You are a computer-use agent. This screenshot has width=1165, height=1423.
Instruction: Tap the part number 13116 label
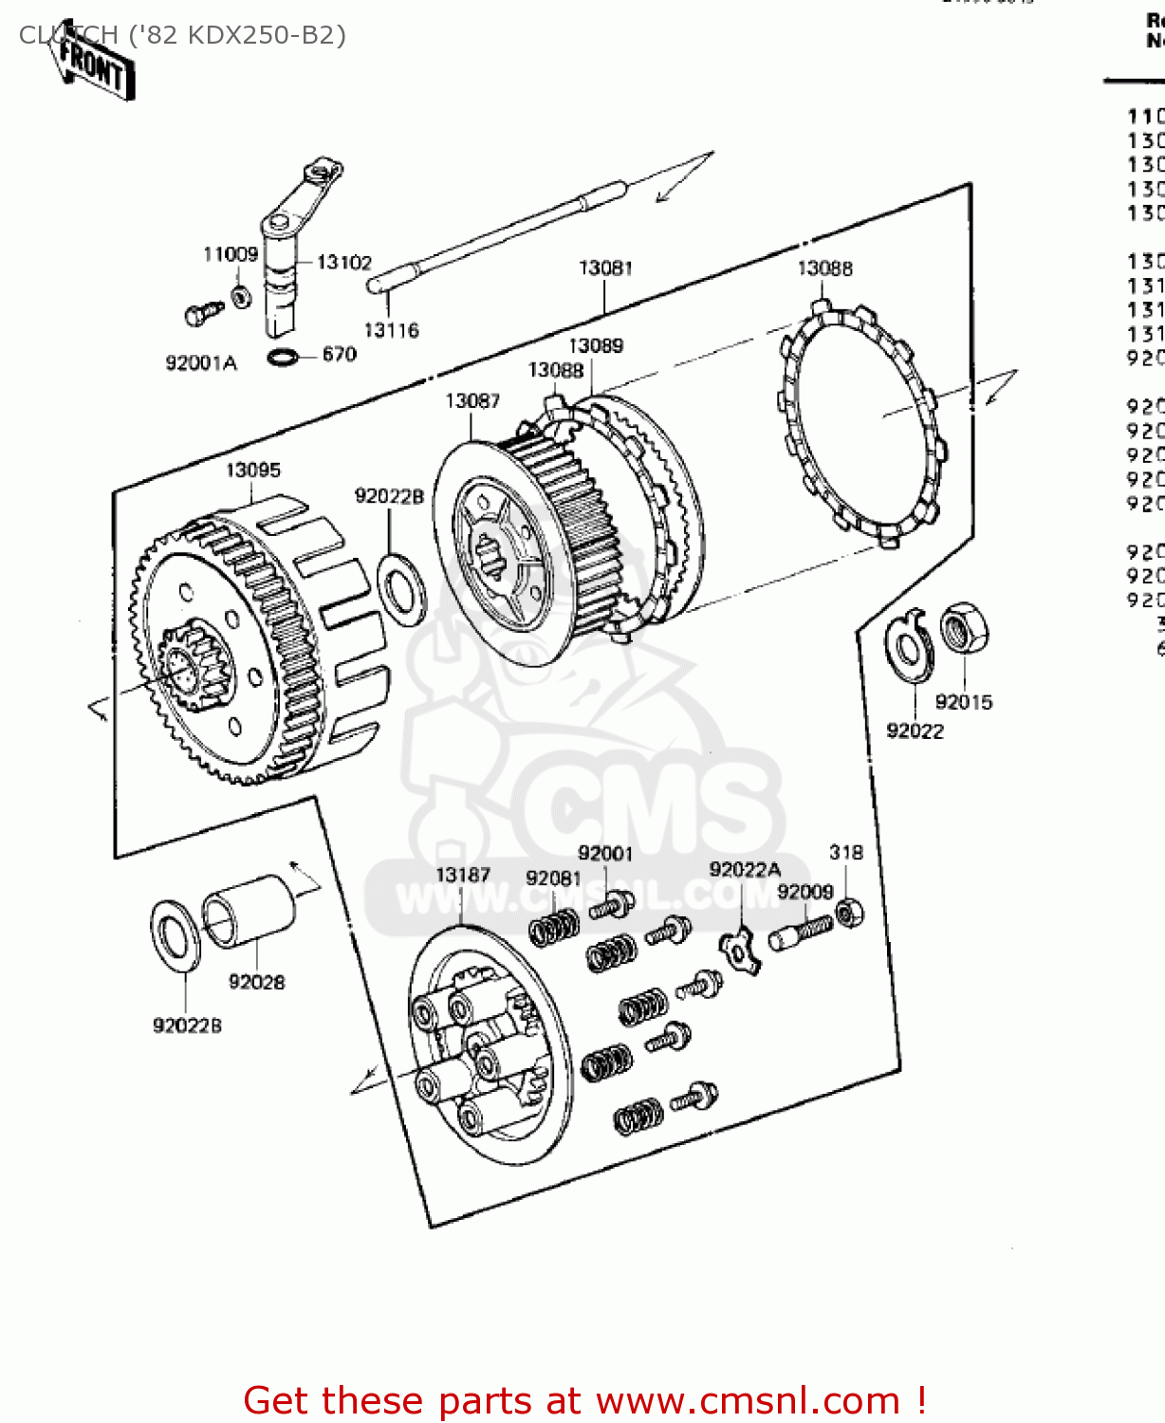(x=391, y=330)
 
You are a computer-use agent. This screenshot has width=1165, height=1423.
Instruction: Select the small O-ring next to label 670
(x=282, y=358)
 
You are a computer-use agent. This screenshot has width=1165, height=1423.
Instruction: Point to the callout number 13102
(x=343, y=263)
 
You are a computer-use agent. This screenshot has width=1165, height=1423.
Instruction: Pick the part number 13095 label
(x=252, y=471)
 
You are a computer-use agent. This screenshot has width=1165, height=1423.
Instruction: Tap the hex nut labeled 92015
(x=964, y=628)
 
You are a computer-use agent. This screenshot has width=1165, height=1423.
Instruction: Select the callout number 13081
(x=605, y=268)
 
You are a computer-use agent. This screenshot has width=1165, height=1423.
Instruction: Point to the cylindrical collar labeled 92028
(x=250, y=912)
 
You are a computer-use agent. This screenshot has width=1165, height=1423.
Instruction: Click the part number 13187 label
(x=462, y=875)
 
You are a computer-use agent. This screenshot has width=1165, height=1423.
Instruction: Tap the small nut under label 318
(x=849, y=913)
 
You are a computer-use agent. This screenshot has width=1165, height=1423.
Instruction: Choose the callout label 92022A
(x=745, y=870)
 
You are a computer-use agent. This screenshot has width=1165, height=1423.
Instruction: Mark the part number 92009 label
(x=804, y=892)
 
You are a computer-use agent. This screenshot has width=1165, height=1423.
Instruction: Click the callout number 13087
(x=472, y=401)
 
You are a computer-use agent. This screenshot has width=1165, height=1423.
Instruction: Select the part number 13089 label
(x=596, y=346)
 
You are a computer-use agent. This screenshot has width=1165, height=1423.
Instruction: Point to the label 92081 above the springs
(x=552, y=878)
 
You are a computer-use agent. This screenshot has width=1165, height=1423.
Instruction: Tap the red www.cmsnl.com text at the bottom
(x=747, y=1400)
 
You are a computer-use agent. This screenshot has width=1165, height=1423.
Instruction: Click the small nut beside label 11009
(x=242, y=296)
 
